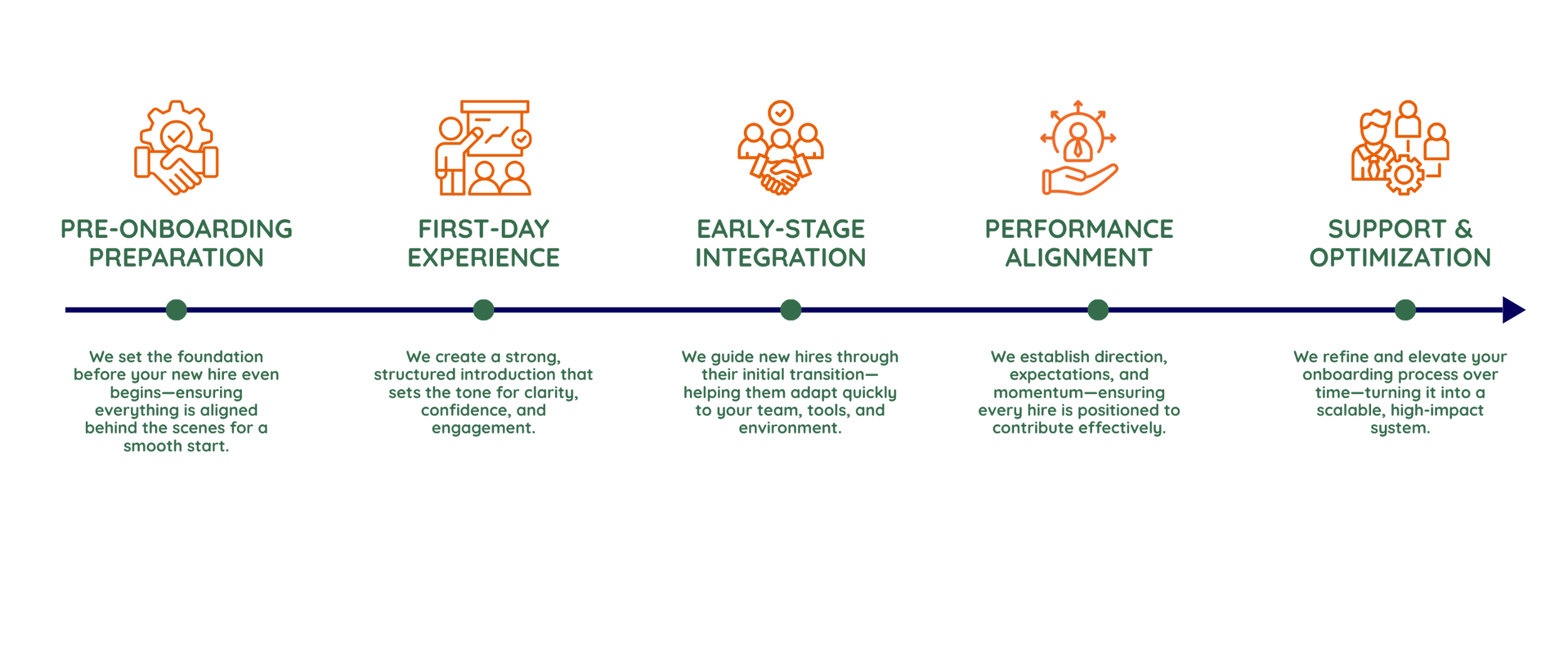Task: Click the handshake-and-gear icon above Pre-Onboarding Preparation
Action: click(x=176, y=148)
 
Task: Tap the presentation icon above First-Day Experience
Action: click(x=484, y=148)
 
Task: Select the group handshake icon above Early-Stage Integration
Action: click(x=780, y=148)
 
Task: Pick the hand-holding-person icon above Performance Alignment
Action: click(x=1079, y=148)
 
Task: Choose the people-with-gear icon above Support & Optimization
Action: click(x=1400, y=148)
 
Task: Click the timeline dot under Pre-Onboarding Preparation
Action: click(x=176, y=310)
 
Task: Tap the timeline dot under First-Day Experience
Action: click(x=484, y=310)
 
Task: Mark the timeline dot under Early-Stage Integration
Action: click(x=790, y=310)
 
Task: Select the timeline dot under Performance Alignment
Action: click(x=1098, y=310)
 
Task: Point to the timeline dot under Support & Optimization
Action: click(x=1405, y=310)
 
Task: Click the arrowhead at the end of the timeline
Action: click(x=1513, y=310)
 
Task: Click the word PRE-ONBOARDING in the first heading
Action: click(x=176, y=229)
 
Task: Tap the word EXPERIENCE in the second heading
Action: click(x=484, y=258)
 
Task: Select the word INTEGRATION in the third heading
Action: click(x=780, y=258)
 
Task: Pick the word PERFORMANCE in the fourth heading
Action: click(x=1079, y=229)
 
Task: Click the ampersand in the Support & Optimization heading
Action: click(x=1463, y=229)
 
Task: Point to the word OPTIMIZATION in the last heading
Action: click(x=1400, y=258)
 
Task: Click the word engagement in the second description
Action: click(x=482, y=429)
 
